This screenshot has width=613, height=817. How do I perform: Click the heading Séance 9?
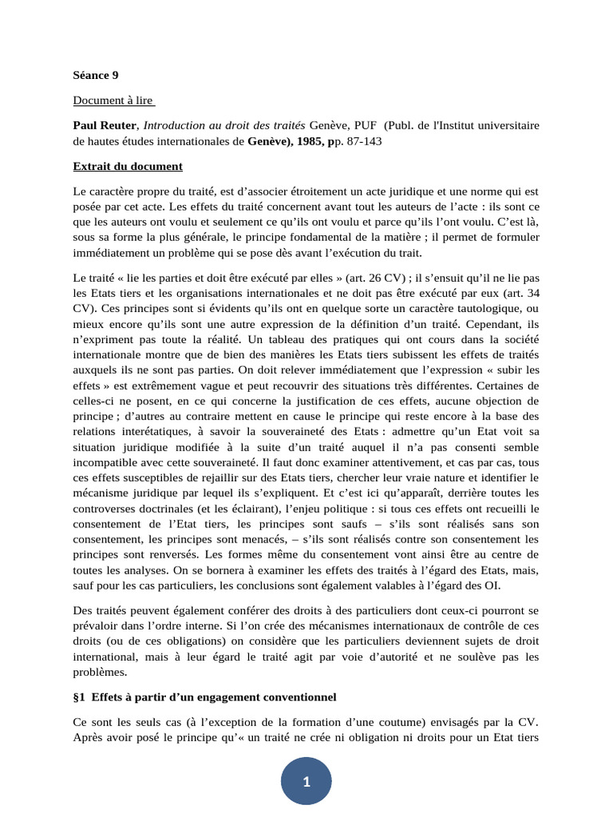point(96,75)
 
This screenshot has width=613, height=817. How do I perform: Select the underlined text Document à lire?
point(114,101)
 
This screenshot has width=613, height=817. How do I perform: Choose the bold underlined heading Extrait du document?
point(128,166)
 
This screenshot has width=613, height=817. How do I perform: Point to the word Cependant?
point(477,324)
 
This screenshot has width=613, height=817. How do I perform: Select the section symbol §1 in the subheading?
point(80,697)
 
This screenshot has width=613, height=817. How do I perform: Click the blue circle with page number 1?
point(306,782)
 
